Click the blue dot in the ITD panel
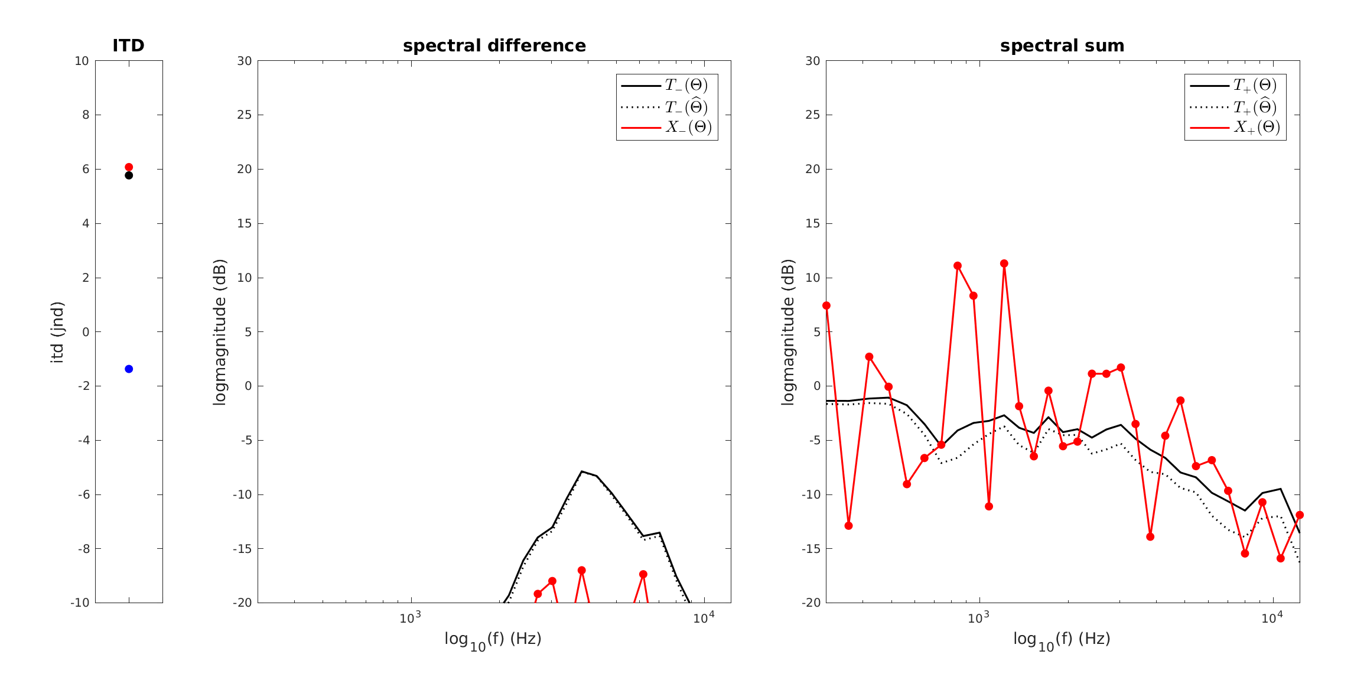click(129, 369)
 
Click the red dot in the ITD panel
click(129, 167)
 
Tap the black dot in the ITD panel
click(129, 175)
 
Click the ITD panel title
click(128, 45)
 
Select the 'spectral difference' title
click(494, 45)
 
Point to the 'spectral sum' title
click(1062, 45)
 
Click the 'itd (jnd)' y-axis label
click(57, 332)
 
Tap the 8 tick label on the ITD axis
click(86, 115)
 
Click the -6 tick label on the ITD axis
click(83, 494)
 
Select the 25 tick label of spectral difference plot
click(244, 115)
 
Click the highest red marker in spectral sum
click(1004, 263)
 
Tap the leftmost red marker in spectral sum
click(826, 305)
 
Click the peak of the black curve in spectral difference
click(582, 471)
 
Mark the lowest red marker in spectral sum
click(1280, 558)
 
